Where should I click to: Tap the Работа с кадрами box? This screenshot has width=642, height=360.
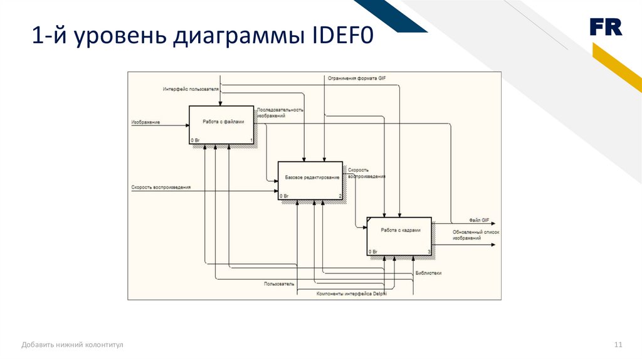[x=399, y=236]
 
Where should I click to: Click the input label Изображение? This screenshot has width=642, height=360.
[x=145, y=122]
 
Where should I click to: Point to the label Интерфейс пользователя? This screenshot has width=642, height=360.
[x=191, y=89]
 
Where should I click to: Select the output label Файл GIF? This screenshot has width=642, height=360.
[x=479, y=220]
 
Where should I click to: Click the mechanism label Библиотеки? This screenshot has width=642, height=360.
[x=428, y=273]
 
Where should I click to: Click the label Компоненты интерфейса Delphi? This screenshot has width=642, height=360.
[x=352, y=294]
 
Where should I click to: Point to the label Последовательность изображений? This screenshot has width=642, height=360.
[x=280, y=113]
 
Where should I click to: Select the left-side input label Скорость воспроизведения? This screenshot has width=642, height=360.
[x=161, y=188]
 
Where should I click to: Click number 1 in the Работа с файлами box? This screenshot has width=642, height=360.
[x=251, y=140]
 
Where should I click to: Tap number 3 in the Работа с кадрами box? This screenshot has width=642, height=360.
[x=429, y=251]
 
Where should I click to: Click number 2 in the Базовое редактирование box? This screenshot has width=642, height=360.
[x=340, y=196]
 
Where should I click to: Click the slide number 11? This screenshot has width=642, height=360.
[x=618, y=345]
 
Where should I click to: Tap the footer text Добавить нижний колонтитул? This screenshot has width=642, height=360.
[x=73, y=345]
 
